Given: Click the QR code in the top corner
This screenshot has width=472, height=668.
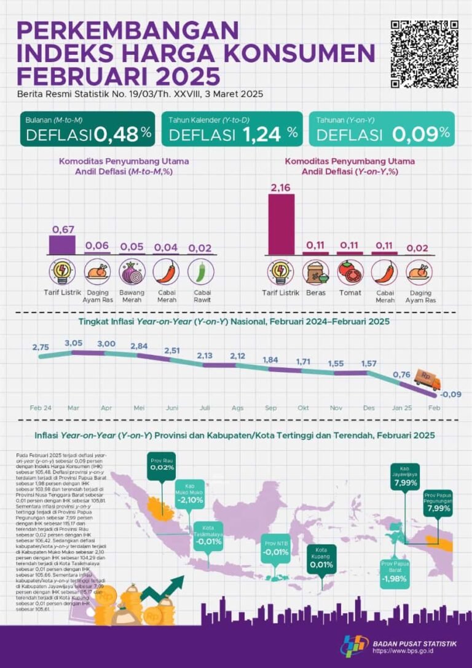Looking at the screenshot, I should (x=424, y=54).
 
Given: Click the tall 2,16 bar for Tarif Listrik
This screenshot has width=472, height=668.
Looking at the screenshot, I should (x=281, y=224).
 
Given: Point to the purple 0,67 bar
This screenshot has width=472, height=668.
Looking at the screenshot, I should (x=61, y=245).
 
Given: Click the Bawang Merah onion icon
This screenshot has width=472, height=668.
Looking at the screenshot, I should (x=132, y=271).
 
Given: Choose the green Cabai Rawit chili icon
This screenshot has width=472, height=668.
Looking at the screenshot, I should (x=201, y=271).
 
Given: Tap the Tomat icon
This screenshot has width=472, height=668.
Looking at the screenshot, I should (x=350, y=271).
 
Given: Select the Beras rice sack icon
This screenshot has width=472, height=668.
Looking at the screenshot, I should (x=316, y=271).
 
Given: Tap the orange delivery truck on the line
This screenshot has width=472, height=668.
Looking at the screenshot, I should (x=427, y=380).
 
